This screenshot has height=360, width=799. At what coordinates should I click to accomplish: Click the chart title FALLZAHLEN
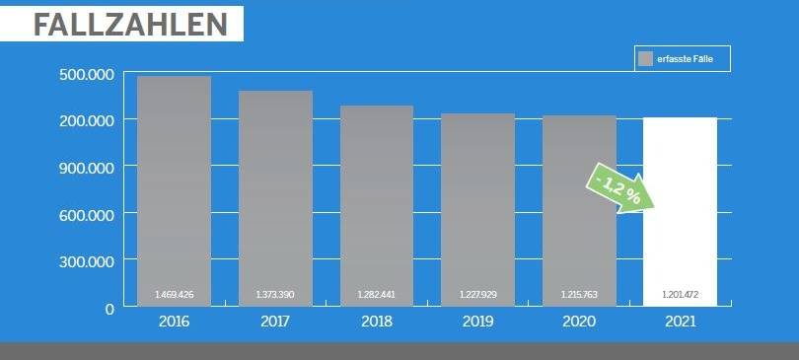[121, 24]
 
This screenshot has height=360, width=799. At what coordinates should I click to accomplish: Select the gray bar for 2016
[174, 187]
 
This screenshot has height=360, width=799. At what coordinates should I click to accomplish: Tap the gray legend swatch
[646, 60]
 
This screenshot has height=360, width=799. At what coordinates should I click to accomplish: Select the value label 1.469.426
[174, 295]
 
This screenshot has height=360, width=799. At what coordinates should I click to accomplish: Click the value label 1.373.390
[275, 295]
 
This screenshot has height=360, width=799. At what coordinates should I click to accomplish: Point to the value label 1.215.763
[579, 295]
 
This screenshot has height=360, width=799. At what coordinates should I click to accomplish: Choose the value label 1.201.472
[680, 295]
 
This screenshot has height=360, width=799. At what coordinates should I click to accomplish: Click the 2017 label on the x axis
[275, 322]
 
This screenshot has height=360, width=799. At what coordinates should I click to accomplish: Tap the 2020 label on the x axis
[579, 322]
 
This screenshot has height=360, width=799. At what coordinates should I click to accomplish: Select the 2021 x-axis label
[680, 322]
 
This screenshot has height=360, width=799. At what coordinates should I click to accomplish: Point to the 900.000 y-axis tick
[87, 167]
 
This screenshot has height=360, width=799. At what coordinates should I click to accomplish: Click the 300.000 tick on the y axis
[87, 261]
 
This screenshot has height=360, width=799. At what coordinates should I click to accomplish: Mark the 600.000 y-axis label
[87, 214]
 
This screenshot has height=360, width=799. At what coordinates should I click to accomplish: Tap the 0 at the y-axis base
[109, 309]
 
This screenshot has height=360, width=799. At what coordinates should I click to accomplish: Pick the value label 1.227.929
[477, 295]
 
